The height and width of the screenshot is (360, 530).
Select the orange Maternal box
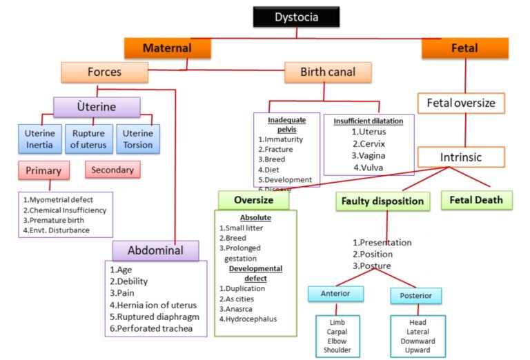[x=167, y=48]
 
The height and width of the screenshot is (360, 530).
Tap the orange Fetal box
[x=464, y=48]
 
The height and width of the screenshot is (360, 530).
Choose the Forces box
[x=104, y=72]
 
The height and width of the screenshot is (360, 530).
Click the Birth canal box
[x=327, y=72]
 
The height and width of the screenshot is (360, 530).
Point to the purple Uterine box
[x=97, y=108]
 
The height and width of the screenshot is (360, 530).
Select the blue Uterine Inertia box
[x=39, y=137]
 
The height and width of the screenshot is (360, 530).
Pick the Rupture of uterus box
[x=88, y=137]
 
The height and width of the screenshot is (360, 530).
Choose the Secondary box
[x=112, y=169]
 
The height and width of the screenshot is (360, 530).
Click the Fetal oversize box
[x=460, y=103]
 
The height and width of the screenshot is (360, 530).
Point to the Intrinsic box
[x=460, y=157]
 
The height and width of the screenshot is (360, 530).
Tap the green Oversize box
[x=254, y=200]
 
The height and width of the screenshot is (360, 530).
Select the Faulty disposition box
[x=383, y=201]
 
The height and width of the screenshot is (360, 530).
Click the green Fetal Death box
[x=476, y=200]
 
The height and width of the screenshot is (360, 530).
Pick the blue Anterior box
[x=336, y=294]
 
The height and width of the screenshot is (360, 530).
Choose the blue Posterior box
[x=416, y=296]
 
